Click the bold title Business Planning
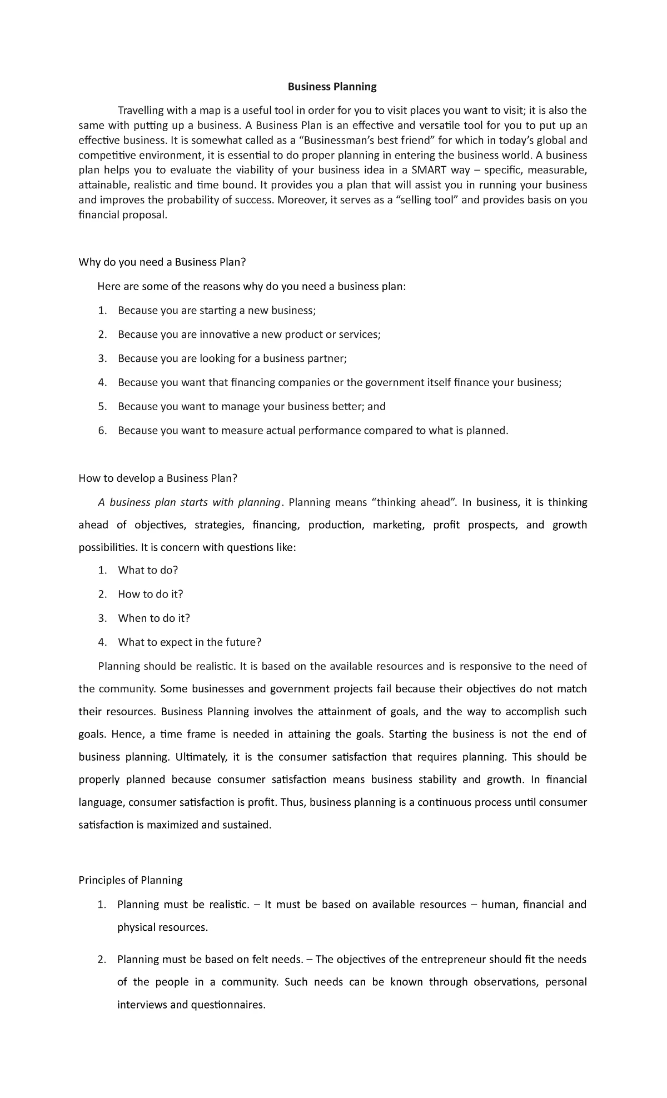332,87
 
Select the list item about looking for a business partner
232,358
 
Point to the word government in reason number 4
394,382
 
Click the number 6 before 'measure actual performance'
101,431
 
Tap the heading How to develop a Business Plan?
158,478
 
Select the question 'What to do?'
148,570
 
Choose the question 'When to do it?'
154,618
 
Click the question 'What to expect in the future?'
190,642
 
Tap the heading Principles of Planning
131,880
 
